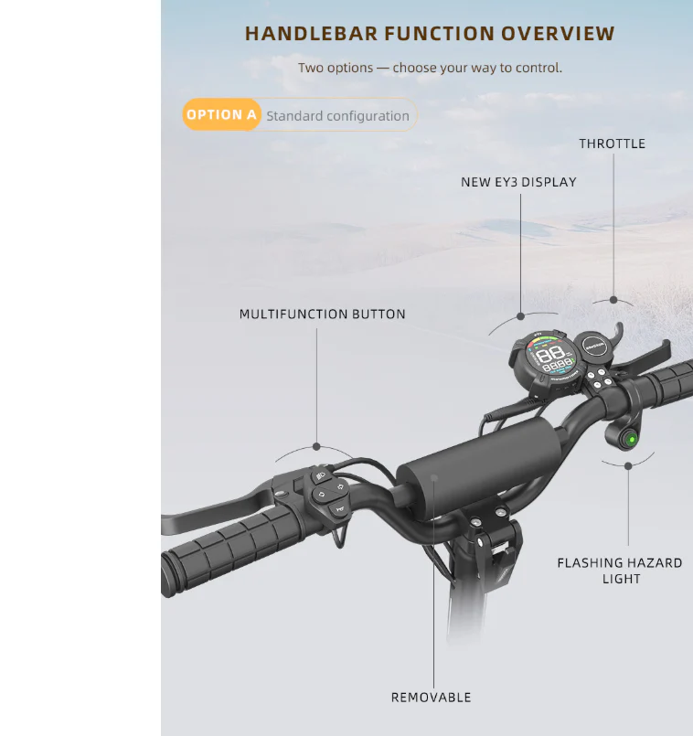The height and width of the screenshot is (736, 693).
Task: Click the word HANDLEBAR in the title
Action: click(311, 34)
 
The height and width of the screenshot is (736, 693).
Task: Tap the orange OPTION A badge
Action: click(221, 114)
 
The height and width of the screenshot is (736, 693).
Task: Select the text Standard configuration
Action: click(337, 116)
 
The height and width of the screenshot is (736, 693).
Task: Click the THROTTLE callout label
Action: click(612, 144)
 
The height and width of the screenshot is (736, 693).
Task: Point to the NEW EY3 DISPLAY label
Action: click(518, 182)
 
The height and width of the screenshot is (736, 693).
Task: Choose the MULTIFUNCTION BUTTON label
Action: click(322, 314)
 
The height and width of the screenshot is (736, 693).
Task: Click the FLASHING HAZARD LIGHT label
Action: click(620, 571)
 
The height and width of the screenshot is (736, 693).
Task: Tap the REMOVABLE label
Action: click(431, 698)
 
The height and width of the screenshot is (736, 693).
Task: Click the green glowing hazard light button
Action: click(632, 440)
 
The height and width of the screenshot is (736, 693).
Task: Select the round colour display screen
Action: click(550, 357)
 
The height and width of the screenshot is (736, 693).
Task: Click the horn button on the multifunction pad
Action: click(339, 509)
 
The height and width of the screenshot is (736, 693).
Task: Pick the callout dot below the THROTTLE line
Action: click(613, 300)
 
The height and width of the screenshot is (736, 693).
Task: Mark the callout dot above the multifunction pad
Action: click(316, 446)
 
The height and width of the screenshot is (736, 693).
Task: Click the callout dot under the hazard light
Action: click(628, 466)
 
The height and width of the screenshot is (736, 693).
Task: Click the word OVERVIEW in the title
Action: click(558, 34)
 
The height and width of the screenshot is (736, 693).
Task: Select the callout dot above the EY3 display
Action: click(520, 316)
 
